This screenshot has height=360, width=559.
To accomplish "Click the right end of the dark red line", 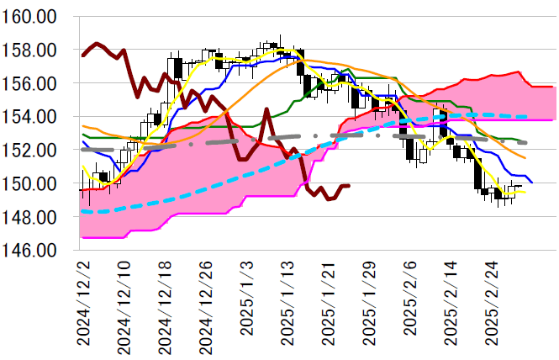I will pyautogui.click(x=350, y=186).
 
